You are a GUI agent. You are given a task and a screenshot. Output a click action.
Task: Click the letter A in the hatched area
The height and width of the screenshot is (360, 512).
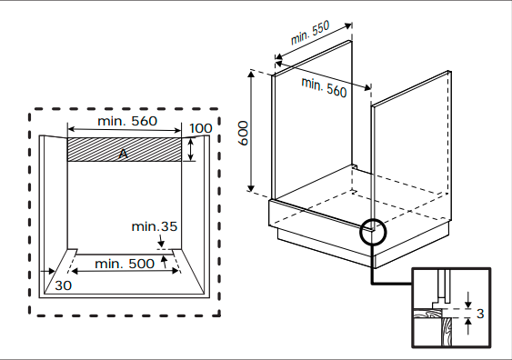pos(123,154)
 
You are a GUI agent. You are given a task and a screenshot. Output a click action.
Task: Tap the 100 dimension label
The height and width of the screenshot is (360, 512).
pos(201,128)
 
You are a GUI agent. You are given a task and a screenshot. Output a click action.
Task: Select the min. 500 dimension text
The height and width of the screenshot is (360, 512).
pos(125,264)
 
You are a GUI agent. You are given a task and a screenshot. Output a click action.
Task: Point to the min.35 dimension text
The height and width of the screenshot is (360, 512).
pos(154,226)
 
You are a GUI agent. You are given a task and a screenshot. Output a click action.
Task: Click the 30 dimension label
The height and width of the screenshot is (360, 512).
pos(63,285)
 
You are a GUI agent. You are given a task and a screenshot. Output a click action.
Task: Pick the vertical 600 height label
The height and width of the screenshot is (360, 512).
pos(243,133)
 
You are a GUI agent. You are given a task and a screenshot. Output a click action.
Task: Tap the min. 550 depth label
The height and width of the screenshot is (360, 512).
pos(310,33)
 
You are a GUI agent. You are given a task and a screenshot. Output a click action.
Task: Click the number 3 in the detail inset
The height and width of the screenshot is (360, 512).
pos(480,314)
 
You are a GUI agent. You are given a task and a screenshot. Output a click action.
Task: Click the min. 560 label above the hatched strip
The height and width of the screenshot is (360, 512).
pos(127,121)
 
